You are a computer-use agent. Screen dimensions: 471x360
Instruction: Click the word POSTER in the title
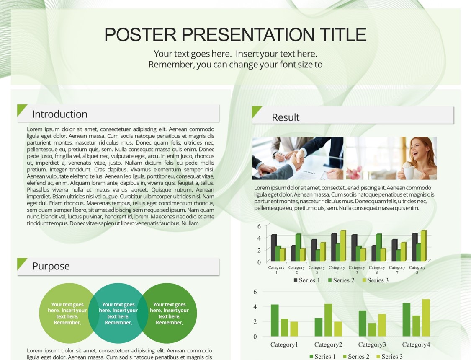pos(140,34)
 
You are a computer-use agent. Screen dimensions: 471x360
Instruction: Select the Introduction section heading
pos(60,114)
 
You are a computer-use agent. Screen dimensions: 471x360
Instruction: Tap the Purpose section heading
pos(51,266)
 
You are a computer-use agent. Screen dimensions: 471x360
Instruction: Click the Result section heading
pos(286,117)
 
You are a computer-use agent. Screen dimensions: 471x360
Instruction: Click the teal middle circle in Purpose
pos(118,313)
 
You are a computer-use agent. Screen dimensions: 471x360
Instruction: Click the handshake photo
pos(298,158)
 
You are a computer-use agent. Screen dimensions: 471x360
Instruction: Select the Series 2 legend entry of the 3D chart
pos(341,280)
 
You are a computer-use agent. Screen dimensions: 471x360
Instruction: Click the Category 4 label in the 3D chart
pos(337,270)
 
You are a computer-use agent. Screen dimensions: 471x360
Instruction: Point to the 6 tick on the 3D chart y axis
pos(259,226)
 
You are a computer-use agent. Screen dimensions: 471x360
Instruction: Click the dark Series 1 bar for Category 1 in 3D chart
pos(274,248)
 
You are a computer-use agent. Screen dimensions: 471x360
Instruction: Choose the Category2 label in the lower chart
pos(328,344)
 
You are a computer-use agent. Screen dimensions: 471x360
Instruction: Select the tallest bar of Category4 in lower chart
pos(426,318)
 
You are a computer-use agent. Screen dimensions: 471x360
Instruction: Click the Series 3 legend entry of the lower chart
pos(389,357)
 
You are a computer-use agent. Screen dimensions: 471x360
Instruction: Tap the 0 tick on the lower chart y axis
pos(255,337)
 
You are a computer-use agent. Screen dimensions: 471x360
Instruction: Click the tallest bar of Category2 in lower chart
pos(328,320)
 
